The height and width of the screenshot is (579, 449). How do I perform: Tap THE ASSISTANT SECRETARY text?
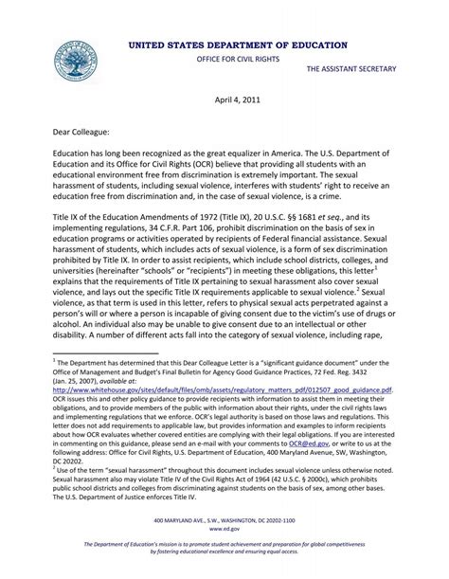pos(351,70)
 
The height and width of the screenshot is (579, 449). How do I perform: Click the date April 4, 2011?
pos(224,98)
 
